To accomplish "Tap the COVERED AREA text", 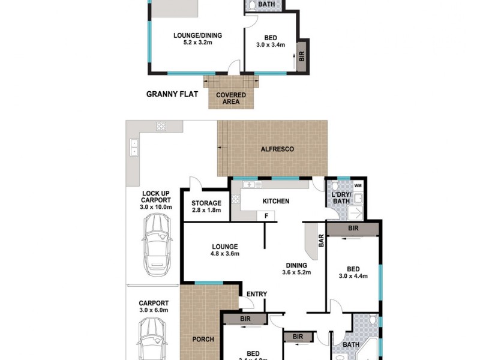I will pyautogui.click(x=232, y=98).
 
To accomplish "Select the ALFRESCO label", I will pyautogui.click(x=277, y=149).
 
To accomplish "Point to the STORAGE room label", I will pyautogui.click(x=206, y=203).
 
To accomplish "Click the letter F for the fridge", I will pyautogui.click(x=265, y=215).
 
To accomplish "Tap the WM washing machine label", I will pyautogui.click(x=358, y=185).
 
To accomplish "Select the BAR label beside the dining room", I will pyautogui.click(x=321, y=241).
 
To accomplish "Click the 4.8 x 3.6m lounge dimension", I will pyautogui.click(x=224, y=254).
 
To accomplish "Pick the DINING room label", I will pyautogui.click(x=296, y=265).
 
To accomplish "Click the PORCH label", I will pyautogui.click(x=203, y=340).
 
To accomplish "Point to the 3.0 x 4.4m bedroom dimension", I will pyautogui.click(x=353, y=276).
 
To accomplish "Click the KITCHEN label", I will pyautogui.click(x=275, y=201).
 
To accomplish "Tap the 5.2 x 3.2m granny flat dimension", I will pyautogui.click(x=193, y=43).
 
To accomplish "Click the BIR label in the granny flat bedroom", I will pyautogui.click(x=302, y=56).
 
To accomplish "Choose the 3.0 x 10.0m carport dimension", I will pyautogui.click(x=156, y=207).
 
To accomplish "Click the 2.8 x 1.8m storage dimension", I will pyautogui.click(x=206, y=211).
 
